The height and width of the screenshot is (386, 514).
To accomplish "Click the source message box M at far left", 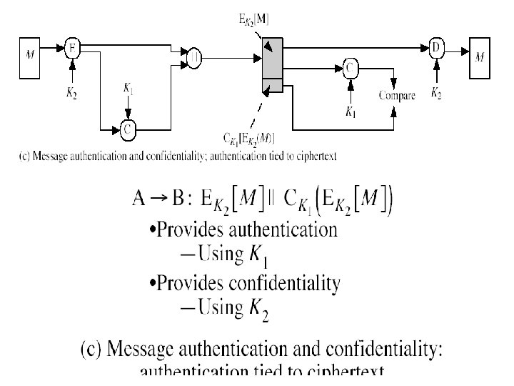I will click(x=29, y=54).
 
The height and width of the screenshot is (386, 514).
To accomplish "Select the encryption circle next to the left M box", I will click(x=71, y=48).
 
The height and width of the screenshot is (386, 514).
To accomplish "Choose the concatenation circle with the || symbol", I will click(x=193, y=56).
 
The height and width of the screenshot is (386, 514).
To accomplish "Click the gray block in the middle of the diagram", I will click(x=273, y=66).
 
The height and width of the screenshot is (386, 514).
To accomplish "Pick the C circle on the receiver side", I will click(x=350, y=68).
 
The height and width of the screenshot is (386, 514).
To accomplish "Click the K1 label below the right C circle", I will click(x=350, y=112).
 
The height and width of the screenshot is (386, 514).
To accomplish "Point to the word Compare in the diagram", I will click(x=397, y=95).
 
